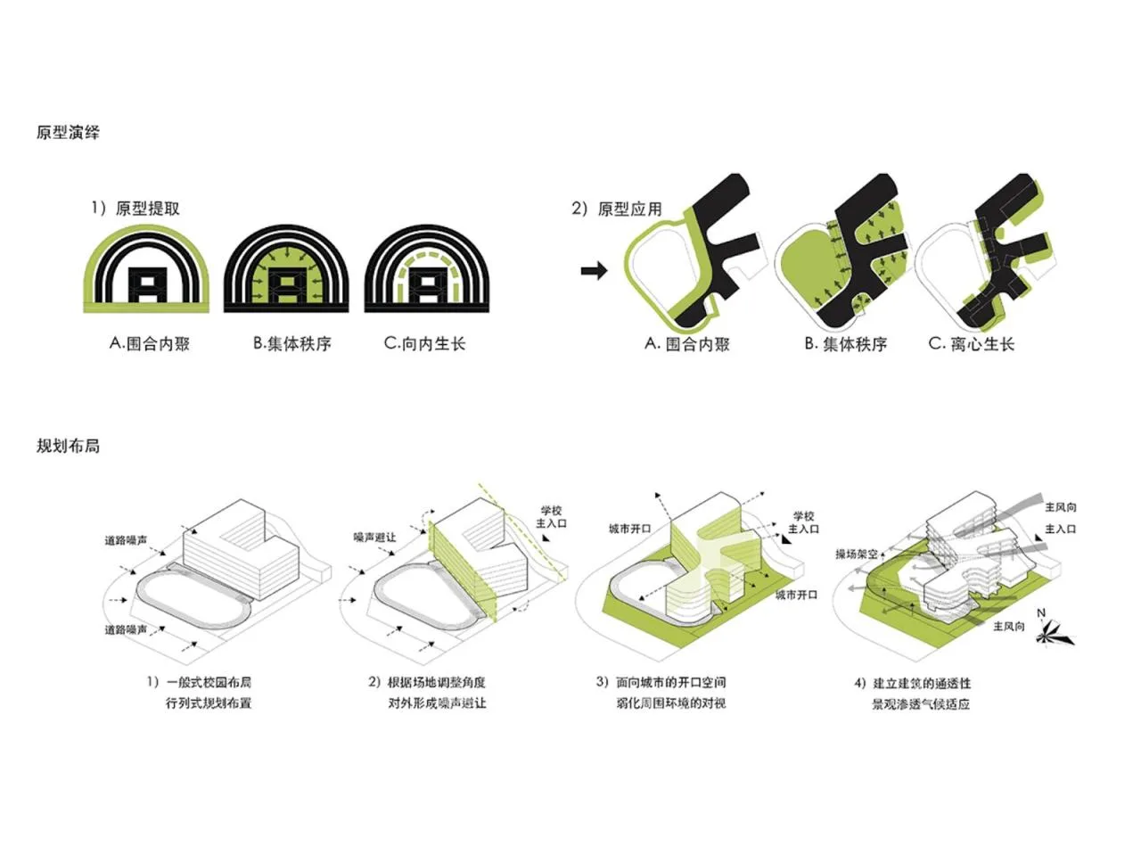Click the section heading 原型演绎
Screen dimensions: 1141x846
click(x=68, y=132)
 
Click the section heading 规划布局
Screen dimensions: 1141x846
click(x=68, y=445)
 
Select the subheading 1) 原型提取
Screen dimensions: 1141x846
click(x=135, y=208)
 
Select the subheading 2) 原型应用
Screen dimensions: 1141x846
click(x=617, y=209)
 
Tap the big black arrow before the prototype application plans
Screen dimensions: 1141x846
click(x=595, y=271)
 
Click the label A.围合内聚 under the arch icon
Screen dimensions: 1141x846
click(x=150, y=343)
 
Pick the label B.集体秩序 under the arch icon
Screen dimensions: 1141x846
click(x=292, y=343)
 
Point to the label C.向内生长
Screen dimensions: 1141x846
click(x=425, y=343)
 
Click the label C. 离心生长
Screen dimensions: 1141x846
click(x=972, y=344)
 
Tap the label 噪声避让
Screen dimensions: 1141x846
click(x=374, y=538)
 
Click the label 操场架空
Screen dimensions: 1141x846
click(x=857, y=554)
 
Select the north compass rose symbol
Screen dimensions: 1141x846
click(x=1053, y=631)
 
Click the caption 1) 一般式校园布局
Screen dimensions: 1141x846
click(x=200, y=682)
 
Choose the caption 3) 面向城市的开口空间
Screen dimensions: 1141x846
click(x=661, y=682)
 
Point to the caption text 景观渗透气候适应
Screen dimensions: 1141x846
click(x=920, y=704)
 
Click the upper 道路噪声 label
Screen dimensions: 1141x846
click(x=126, y=540)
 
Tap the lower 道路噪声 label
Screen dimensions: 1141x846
click(x=126, y=629)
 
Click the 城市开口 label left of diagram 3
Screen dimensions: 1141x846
click(x=630, y=529)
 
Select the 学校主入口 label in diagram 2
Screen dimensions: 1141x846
click(x=551, y=517)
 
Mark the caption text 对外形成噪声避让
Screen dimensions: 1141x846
click(x=437, y=703)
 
